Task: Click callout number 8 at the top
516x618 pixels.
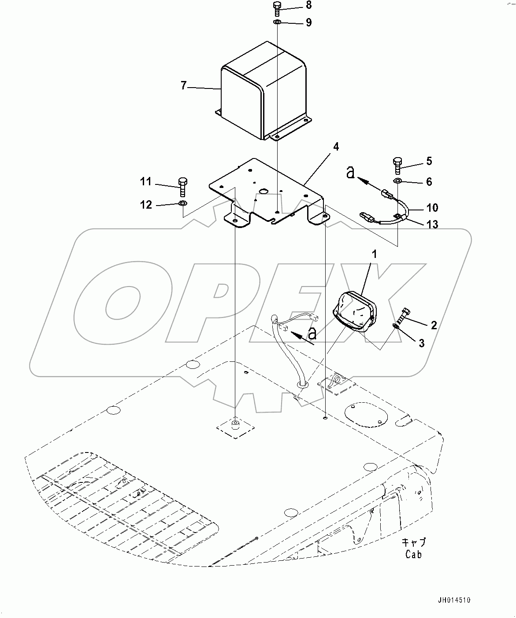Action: coord(308,5)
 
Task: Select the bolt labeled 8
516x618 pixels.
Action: coord(277,8)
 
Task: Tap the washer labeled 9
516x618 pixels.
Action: coord(277,22)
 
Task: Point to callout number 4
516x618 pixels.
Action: coord(336,147)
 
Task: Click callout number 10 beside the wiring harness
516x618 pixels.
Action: coord(432,207)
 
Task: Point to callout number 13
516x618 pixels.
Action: coord(432,224)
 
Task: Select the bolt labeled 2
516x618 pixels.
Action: coord(402,315)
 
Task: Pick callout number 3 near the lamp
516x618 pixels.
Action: coord(421,343)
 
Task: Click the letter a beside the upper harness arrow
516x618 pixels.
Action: coord(350,173)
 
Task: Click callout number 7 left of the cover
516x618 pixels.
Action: coord(184,85)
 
